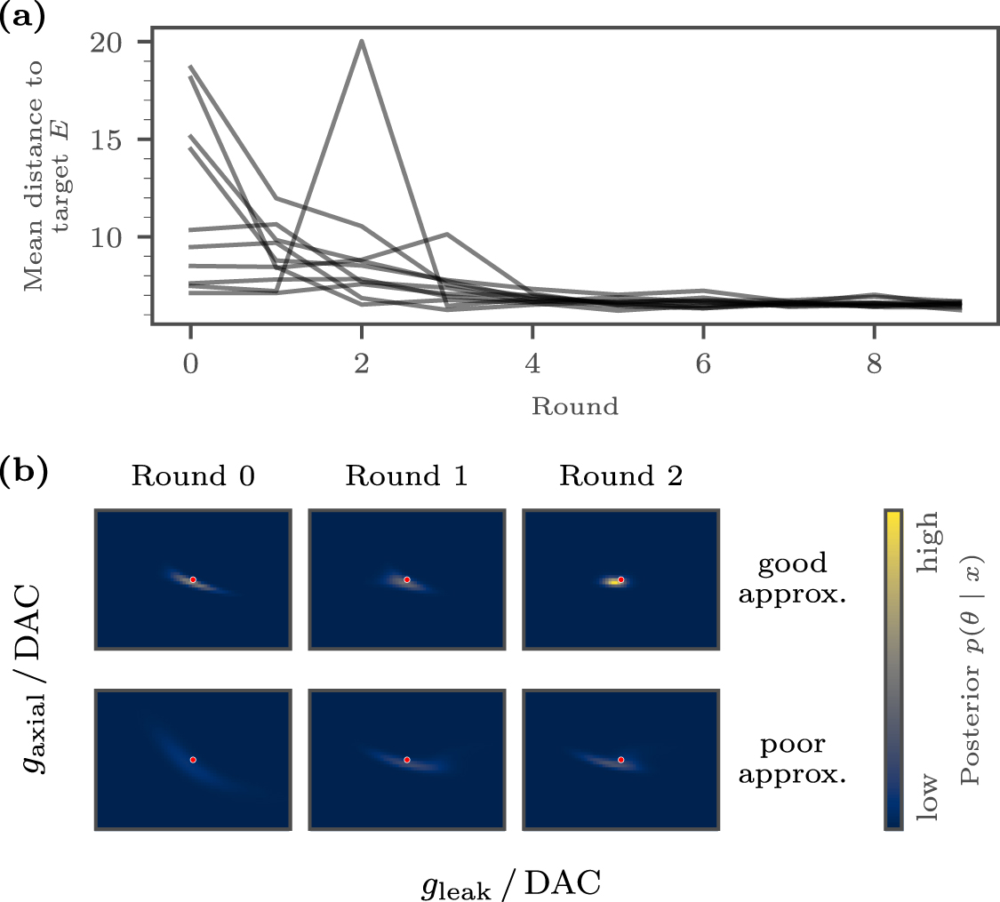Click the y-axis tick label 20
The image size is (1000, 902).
point(113,43)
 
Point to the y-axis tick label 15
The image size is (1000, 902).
point(113,140)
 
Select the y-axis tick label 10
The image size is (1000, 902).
point(113,236)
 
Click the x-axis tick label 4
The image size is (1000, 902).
point(532,365)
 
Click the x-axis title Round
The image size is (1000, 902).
point(574,407)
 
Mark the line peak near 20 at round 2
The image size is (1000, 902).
point(362,41)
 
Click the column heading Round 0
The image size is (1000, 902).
point(193,477)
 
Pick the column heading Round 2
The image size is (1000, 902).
point(620,477)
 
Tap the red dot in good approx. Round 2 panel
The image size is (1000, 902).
point(620,579)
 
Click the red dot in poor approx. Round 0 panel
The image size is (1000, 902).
point(193,760)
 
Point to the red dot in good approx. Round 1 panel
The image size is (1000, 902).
point(407,579)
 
